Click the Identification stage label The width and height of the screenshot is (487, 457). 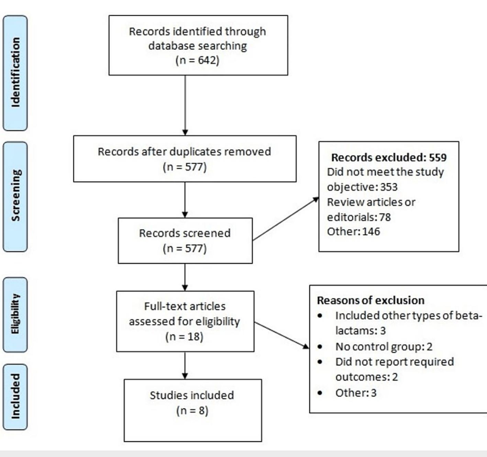click(15, 73)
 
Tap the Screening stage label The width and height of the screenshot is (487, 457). click(15, 196)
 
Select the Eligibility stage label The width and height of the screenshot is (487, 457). click(15, 314)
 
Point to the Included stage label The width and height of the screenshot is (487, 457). click(15, 396)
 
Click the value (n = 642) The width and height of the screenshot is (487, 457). click(197, 60)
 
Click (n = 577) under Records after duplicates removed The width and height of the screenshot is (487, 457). click(185, 167)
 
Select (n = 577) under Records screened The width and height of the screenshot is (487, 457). click(185, 248)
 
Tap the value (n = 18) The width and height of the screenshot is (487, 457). click(185, 337)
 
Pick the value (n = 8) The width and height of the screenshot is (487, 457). click(192, 410)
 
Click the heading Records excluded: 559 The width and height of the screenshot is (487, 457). click(389, 157)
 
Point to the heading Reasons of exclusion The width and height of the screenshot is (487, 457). click(370, 300)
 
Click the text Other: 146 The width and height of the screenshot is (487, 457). click(353, 232)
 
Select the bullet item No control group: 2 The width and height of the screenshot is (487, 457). click(384, 347)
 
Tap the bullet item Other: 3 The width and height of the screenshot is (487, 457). click(356, 392)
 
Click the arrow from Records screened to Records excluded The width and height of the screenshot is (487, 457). click(285, 219)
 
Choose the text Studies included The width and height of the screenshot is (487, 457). click(192, 395)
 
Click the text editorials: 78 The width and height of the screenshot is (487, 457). click(359, 217)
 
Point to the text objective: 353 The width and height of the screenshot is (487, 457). click(362, 187)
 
